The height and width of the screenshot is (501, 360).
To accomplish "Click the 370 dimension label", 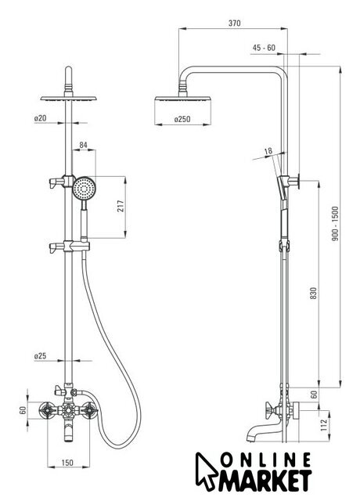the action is tap(235, 23).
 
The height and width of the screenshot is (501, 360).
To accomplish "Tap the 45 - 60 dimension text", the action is tap(264, 48).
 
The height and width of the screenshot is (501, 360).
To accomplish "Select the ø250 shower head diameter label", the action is tap(182, 119).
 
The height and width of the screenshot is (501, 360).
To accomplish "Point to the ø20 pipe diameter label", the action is tap(40, 118).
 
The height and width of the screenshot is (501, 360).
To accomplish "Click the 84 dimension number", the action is tap(84, 145).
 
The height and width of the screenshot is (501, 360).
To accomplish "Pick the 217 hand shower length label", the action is tap(120, 207).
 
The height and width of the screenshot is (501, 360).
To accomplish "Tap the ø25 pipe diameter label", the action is tap(40, 355).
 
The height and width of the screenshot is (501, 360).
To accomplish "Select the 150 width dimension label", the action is tap(67, 462).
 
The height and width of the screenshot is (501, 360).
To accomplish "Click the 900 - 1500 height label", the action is tap(335, 224).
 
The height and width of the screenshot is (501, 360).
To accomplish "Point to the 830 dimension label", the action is tap(314, 294).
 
